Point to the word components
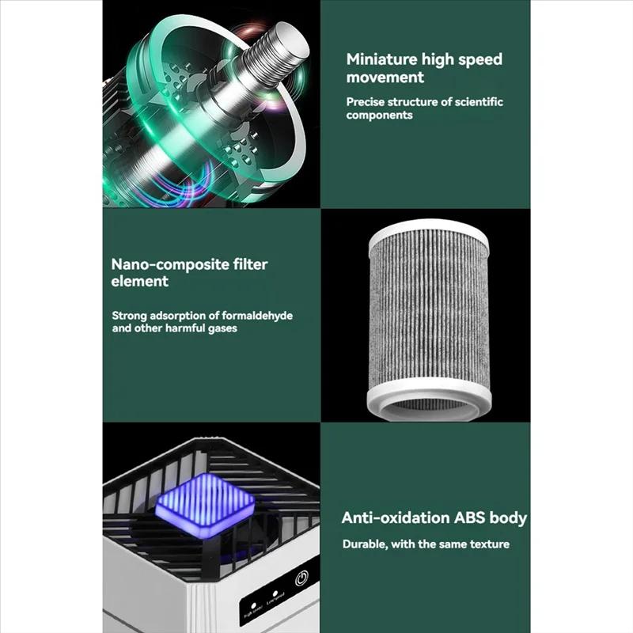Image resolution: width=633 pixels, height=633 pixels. [x=379, y=115]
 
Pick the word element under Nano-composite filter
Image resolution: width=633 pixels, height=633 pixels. [x=140, y=281]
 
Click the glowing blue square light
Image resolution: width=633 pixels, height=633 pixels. [x=204, y=502]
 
